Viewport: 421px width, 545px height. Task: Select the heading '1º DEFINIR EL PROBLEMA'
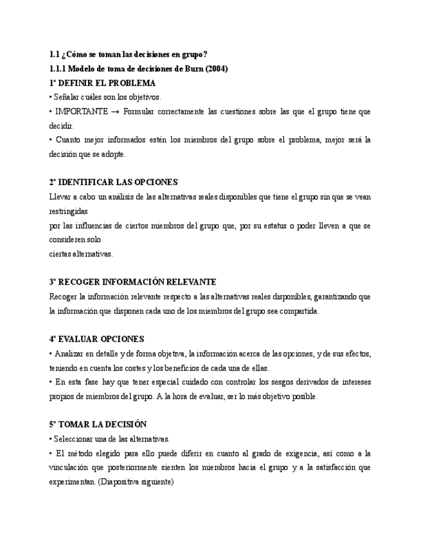pyautogui.click(x=102, y=84)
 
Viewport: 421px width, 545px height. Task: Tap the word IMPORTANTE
pyautogui.click(x=81, y=112)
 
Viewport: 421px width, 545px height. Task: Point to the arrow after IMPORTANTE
pyautogui.click(x=116, y=112)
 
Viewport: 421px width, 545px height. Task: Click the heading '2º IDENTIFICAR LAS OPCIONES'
pyautogui.click(x=113, y=183)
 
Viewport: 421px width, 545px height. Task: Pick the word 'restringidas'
pyautogui.click(x=68, y=211)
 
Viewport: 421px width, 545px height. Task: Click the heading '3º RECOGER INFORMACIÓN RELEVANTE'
pyautogui.click(x=132, y=282)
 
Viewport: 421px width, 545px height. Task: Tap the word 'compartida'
pyautogui.click(x=298, y=311)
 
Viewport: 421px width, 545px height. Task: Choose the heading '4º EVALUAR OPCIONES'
pyautogui.click(x=96, y=339)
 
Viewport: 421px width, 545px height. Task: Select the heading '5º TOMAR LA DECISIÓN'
pyautogui.click(x=98, y=425)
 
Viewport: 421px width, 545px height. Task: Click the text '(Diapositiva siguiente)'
pyautogui.click(x=136, y=481)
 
